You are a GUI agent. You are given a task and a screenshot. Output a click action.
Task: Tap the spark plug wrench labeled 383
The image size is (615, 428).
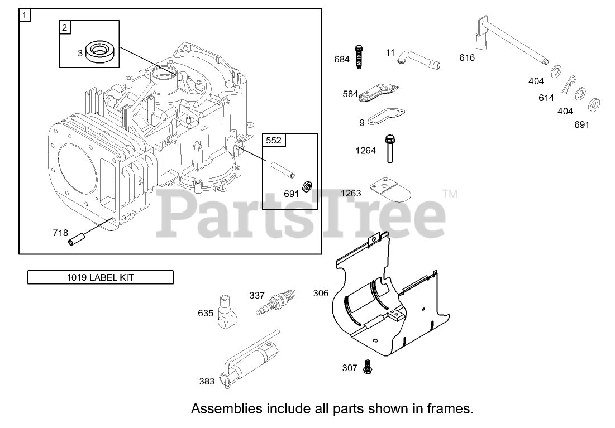pos(251,360)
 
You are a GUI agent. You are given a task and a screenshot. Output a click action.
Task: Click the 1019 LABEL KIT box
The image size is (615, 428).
pos(101,277)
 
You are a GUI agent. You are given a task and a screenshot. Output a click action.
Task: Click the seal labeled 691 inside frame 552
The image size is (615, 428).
pos(307,185)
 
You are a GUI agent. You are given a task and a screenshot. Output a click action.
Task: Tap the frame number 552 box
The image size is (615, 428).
pos(274,140)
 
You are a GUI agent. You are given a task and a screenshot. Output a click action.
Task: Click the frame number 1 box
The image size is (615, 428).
pos(25,15)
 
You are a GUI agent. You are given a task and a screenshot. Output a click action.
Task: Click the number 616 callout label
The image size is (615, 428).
pos(467,57)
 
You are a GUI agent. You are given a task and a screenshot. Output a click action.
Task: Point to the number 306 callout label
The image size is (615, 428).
pos(321,293)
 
